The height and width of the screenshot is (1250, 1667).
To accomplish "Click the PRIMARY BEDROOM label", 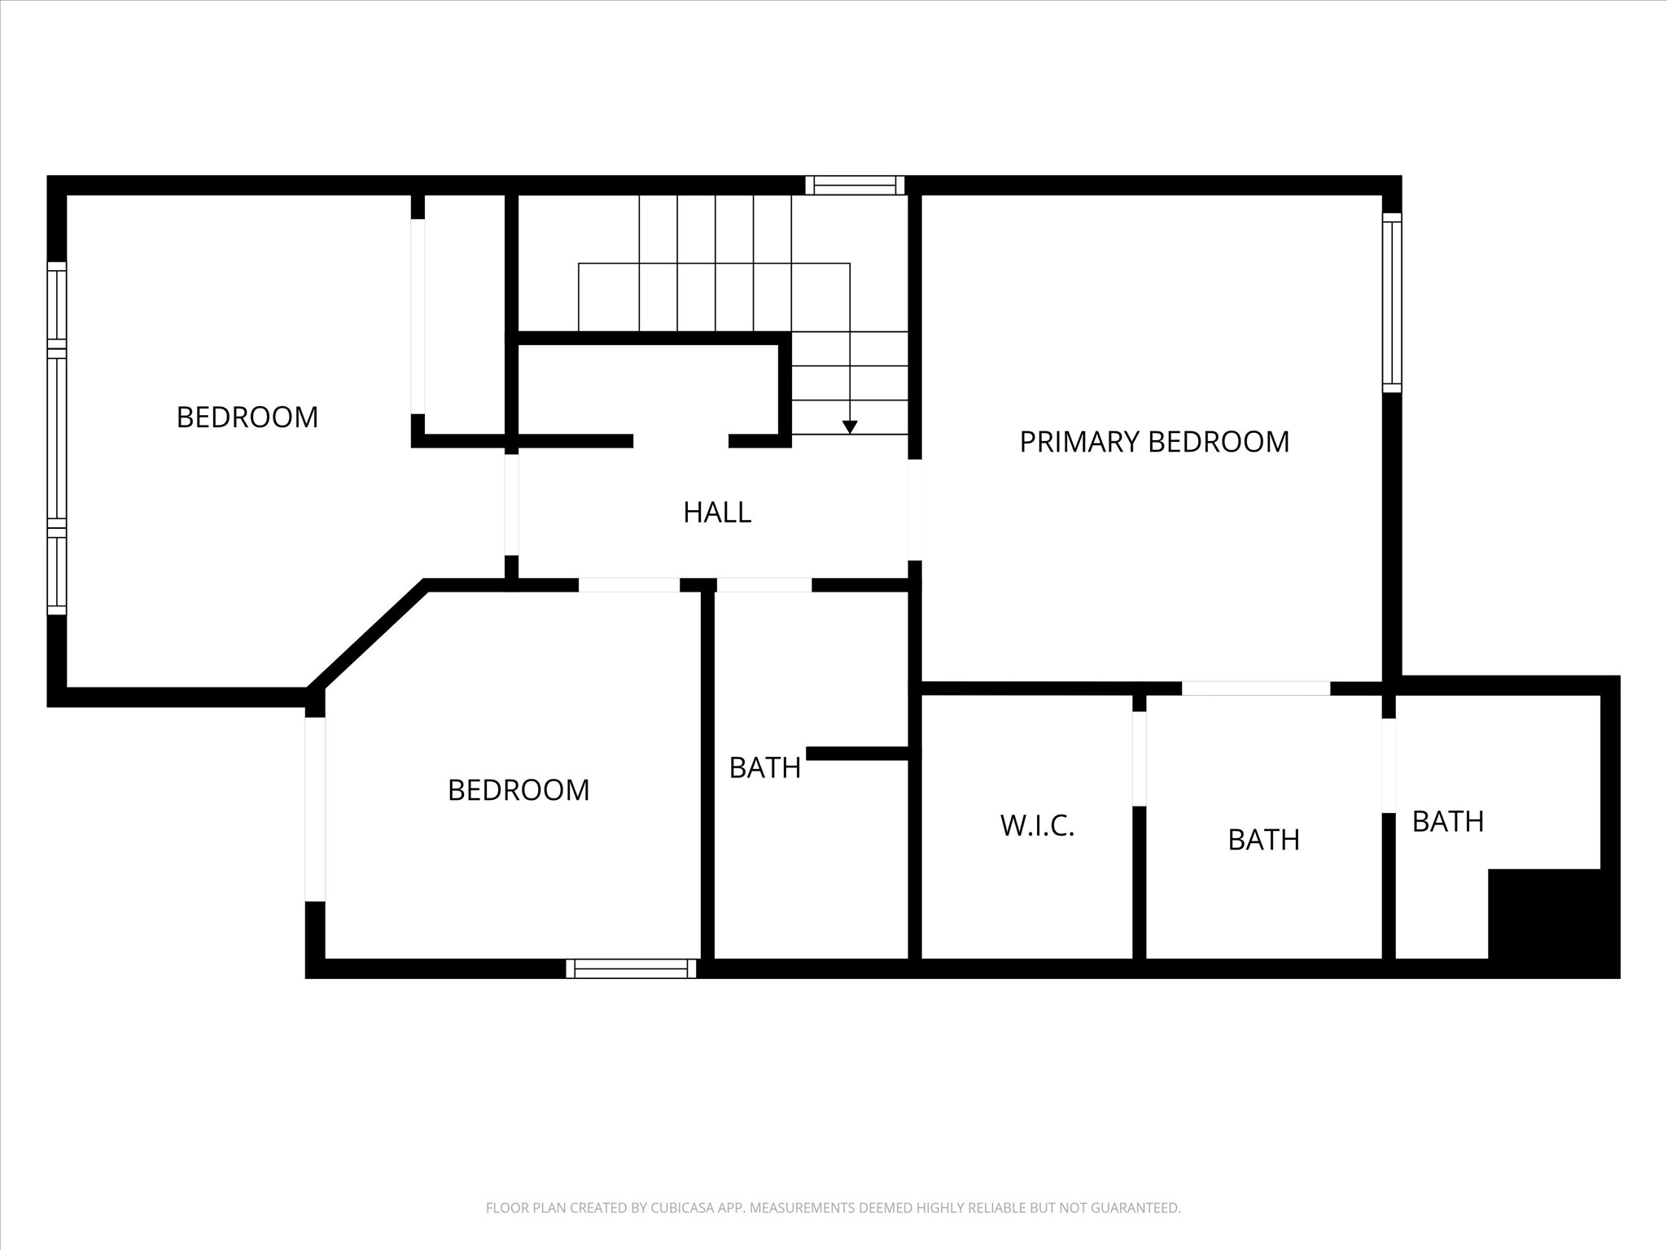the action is point(1154,442).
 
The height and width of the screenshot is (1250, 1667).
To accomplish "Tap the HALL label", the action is point(717,513).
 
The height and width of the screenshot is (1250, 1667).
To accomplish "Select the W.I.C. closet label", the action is point(1038,826).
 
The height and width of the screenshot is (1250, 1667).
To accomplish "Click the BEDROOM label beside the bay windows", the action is point(247,417).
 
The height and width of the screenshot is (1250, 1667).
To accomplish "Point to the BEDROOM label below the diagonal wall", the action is point(518,790).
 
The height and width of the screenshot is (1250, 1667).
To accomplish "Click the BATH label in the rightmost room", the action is point(1448,822).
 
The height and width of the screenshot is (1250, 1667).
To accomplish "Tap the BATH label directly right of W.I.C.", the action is point(1264,840).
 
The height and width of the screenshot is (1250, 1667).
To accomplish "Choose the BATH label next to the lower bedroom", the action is point(765,768).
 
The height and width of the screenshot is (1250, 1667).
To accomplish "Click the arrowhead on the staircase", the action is point(850,427).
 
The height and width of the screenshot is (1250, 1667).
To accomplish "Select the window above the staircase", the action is point(855,186).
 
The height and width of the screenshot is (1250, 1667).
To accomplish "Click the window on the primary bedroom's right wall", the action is point(1392,304).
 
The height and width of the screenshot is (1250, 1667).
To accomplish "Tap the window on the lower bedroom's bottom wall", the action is point(632,968).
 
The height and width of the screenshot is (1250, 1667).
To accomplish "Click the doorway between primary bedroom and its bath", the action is point(1256,688).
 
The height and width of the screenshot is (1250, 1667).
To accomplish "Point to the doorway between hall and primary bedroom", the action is point(915,510).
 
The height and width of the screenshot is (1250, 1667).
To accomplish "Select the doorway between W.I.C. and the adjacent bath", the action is point(1140,758).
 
